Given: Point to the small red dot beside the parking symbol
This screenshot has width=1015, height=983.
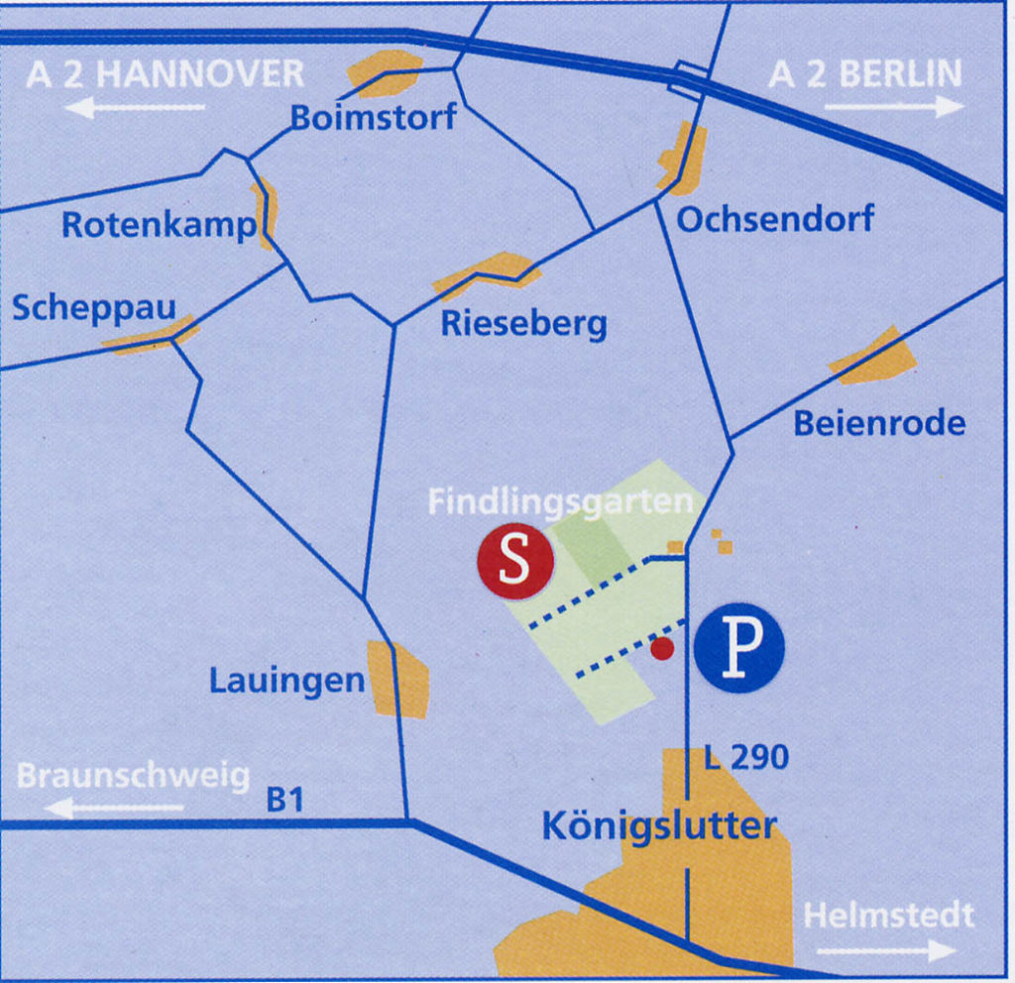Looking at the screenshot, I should point(662,649).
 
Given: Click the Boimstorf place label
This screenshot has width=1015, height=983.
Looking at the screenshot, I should point(373,118).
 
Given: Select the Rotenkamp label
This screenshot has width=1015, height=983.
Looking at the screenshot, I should point(159,225).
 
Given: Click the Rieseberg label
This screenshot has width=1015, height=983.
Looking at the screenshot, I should point(523,323).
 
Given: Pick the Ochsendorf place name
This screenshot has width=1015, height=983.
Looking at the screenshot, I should point(775,219).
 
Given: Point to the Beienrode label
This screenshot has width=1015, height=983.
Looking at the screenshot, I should point(879,424).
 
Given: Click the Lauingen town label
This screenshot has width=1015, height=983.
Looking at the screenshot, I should point(286,681).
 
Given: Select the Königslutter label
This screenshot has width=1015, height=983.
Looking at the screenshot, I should point(659,825).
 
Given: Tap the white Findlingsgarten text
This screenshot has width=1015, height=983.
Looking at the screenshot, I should point(560,501).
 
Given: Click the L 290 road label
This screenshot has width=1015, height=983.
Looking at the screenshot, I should point(745,759).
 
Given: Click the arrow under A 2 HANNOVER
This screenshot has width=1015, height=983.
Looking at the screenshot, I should point(135,107).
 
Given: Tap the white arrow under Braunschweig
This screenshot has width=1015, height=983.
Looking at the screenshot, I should point(114,808).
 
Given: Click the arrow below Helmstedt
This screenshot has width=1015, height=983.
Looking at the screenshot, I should point(887,950).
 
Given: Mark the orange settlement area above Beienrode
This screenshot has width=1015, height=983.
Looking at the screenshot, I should point(872,358).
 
